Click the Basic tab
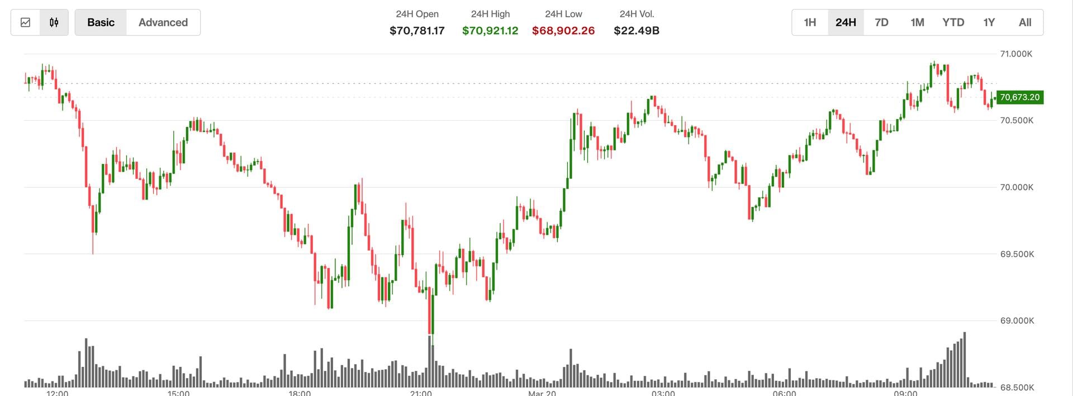(101, 22)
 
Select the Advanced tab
(163, 22)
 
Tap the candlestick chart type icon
(54, 22)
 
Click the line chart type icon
(25, 22)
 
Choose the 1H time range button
(810, 22)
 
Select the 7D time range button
(881, 22)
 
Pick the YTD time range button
(953, 22)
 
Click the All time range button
(1025, 22)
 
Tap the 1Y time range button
(989, 22)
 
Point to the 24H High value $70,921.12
(490, 31)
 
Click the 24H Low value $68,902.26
(563, 31)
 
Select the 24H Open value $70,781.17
(417, 31)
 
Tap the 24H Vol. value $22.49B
(637, 31)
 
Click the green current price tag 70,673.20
(1019, 97)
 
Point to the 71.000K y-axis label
(1016, 54)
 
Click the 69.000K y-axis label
(1017, 321)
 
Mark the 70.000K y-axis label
(1017, 187)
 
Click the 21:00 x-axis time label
(421, 393)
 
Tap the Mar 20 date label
(542, 393)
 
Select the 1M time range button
(917, 22)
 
